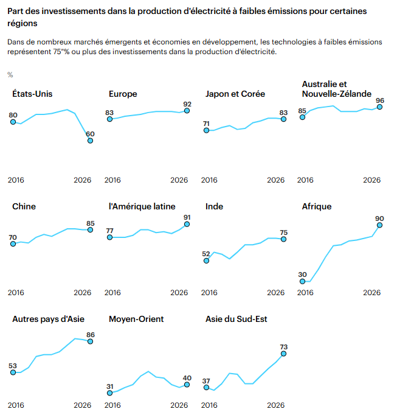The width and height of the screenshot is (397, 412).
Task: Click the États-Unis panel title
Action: pyautogui.click(x=32, y=94)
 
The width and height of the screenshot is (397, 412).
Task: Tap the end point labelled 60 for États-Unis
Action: pyautogui.click(x=90, y=141)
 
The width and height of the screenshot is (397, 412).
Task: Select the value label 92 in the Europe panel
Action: pyautogui.click(x=187, y=104)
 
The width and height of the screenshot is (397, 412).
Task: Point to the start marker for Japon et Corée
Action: pyautogui.click(x=206, y=130)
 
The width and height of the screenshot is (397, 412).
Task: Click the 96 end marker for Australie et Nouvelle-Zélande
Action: pyautogui.click(x=379, y=107)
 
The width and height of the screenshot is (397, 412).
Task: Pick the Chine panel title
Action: pyautogui.click(x=24, y=206)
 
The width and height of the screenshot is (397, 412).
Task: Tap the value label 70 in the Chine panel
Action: pyautogui.click(x=13, y=237)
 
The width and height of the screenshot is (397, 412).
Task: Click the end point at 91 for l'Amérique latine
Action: pyautogui.click(x=187, y=224)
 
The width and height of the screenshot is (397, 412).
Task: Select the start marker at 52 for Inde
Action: pyautogui.click(x=206, y=260)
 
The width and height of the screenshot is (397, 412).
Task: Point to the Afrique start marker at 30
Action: pyautogui.click(x=303, y=281)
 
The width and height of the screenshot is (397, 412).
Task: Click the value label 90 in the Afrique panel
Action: pyautogui.click(x=379, y=218)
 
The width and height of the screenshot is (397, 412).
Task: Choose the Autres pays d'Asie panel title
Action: pyautogui.click(x=48, y=319)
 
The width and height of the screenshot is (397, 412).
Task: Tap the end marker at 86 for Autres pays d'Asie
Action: pyautogui.click(x=90, y=341)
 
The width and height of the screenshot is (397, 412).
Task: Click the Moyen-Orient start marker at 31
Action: pyautogui.click(x=110, y=393)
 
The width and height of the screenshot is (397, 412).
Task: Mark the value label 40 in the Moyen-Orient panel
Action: pyautogui.click(x=187, y=378)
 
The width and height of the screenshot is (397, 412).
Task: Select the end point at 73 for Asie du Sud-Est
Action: pyautogui.click(x=283, y=354)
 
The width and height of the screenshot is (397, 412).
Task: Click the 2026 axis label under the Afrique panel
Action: pyautogui.click(x=372, y=293)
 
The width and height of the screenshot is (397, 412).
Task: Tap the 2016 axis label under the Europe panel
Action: pyautogui.click(x=112, y=180)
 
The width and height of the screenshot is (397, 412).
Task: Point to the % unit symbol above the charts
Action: pyautogui.click(x=10, y=75)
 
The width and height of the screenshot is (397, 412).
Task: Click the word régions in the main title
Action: pyautogui.click(x=22, y=23)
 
